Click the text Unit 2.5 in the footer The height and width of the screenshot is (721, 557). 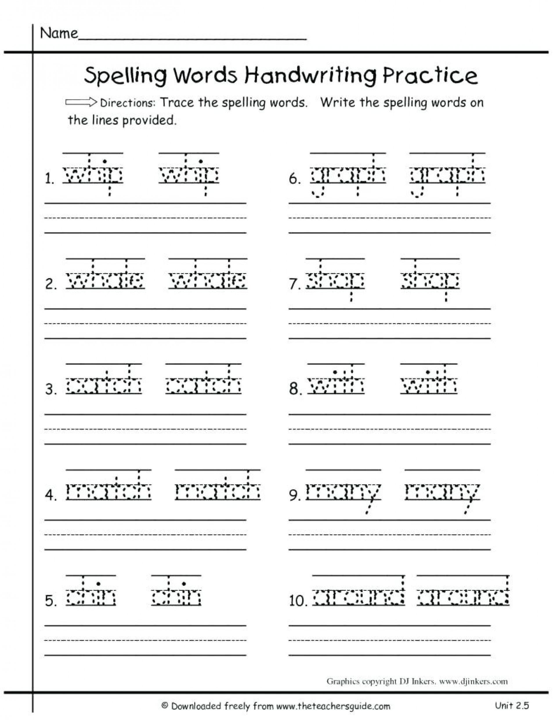(512, 705)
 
